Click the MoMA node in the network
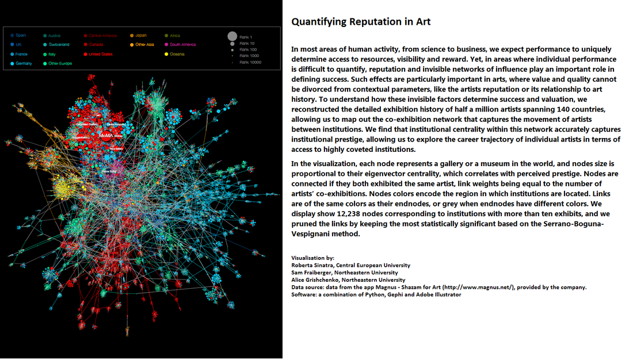point(106,136)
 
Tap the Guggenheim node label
point(79,137)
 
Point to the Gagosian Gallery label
point(86,124)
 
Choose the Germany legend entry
point(24,63)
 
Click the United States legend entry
point(100,54)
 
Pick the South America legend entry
point(182,44)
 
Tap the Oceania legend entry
point(177,54)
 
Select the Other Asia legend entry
point(144,44)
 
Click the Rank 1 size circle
point(232,36)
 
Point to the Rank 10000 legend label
point(250,62)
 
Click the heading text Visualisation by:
point(312,258)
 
